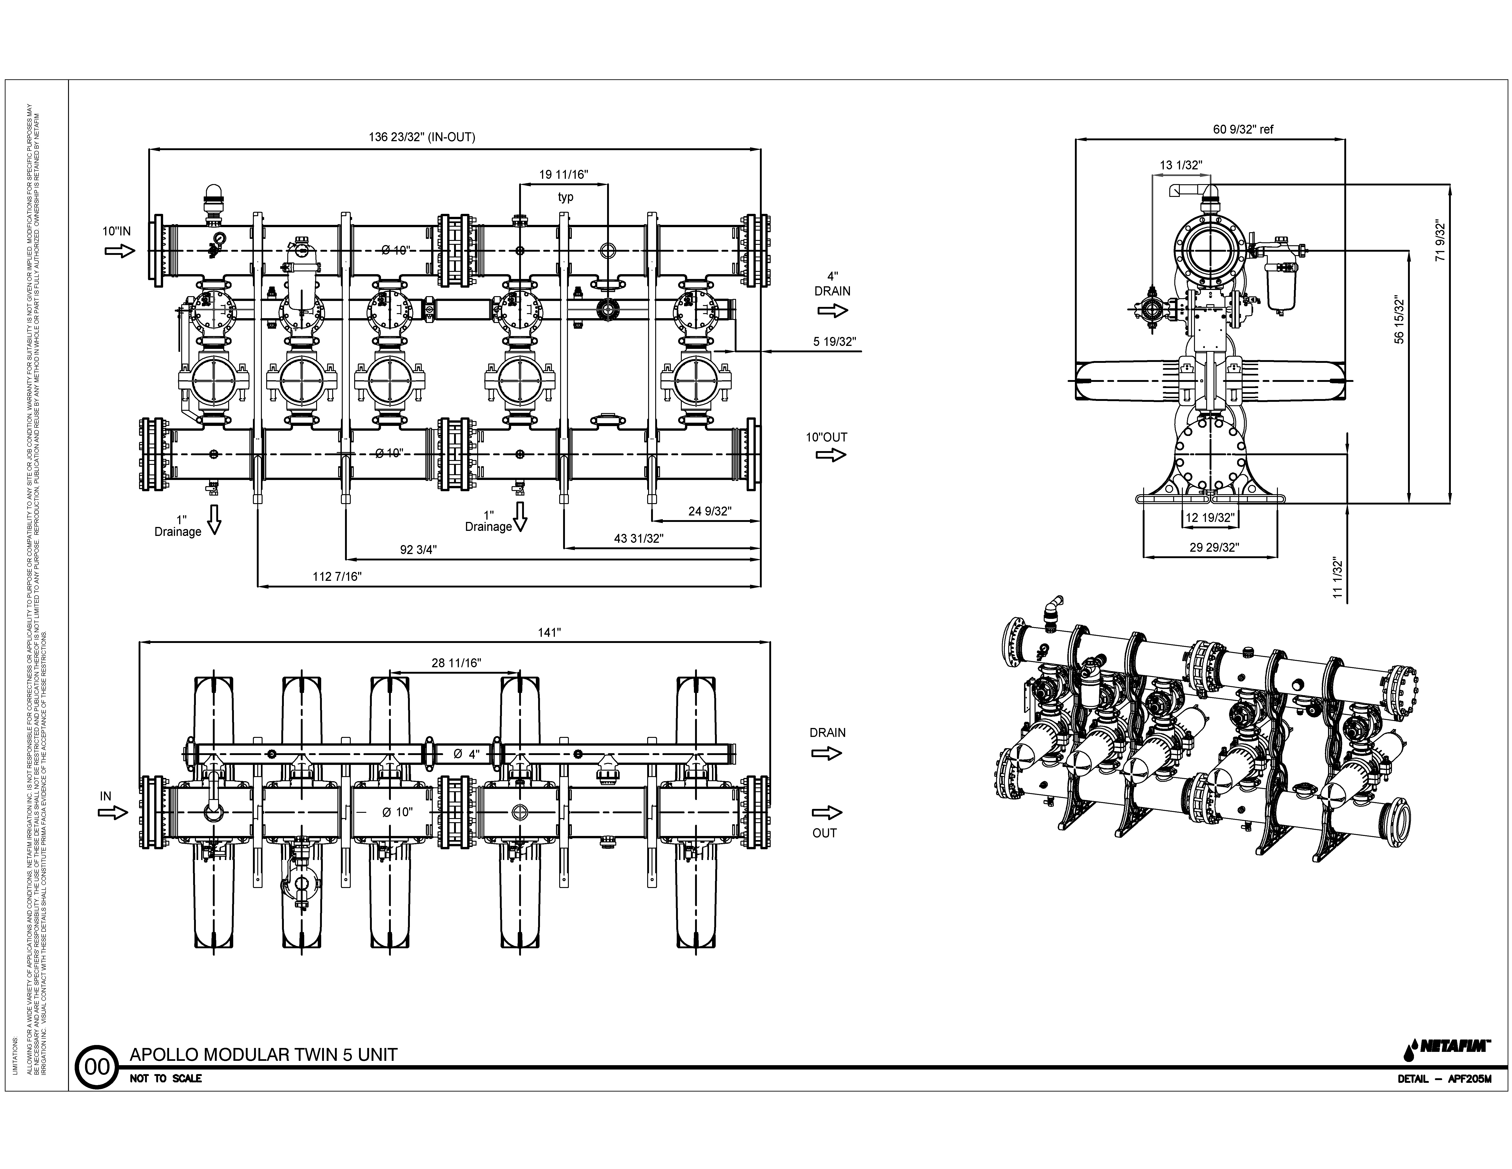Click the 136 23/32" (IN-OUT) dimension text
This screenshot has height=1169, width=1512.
[422, 137]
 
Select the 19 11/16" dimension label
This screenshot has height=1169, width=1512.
[564, 174]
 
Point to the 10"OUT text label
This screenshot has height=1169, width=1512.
[826, 437]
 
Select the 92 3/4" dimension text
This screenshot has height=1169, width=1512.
[418, 549]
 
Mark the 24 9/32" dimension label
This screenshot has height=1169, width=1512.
[709, 511]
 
